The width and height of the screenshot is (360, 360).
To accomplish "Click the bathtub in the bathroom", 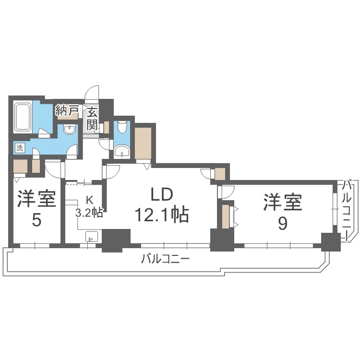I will pos(23,117).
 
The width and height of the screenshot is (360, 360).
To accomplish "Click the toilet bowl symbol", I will pos(122,127).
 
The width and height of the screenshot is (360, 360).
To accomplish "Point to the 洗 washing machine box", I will pos(19,148).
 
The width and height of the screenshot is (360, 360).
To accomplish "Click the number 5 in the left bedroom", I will pos(36,220).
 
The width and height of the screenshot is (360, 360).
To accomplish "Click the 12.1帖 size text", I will pos(163,215).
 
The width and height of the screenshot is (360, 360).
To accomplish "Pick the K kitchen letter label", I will pos(89,200).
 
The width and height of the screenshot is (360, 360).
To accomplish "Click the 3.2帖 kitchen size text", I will pos(89,212).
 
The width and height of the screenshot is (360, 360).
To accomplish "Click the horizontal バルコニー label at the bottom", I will pos(166,260).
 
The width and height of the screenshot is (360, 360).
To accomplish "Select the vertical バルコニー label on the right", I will pos(349,210).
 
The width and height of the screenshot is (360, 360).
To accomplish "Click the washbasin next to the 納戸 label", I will pos(70,130).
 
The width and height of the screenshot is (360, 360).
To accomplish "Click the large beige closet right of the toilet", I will pos(144,142).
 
